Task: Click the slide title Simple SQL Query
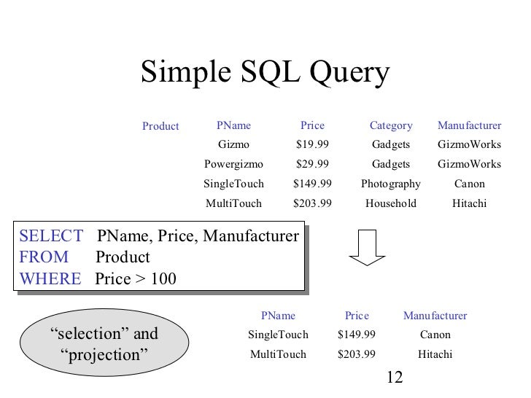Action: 265,74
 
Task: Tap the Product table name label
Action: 160,126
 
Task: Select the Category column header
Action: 391,125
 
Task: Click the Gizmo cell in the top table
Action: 233,144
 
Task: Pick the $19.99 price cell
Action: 312,144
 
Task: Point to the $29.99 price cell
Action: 312,164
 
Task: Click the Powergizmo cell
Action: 233,164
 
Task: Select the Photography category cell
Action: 391,184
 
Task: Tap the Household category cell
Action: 391,203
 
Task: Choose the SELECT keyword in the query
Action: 51,236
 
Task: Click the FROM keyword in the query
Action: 44,257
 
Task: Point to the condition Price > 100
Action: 136,278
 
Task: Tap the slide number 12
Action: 394,378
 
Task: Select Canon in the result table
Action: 435,335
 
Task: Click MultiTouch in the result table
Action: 278,355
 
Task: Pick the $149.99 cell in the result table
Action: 357,335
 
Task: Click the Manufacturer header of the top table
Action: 469,125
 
